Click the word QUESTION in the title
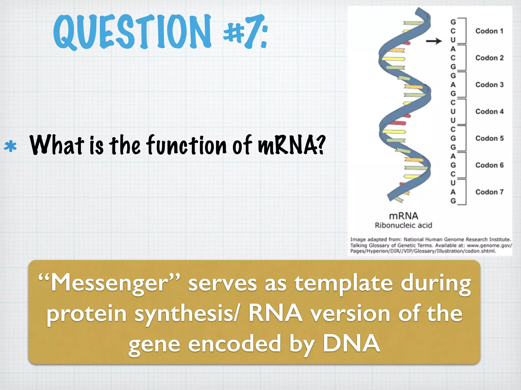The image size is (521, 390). pos(132,32)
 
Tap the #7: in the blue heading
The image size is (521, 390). pos(245,32)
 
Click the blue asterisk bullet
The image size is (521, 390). pos(10,146)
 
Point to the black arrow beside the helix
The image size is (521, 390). pos(434,41)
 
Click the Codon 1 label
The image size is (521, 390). pos(489,31)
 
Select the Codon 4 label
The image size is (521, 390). pos(489,111)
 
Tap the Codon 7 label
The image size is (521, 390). pos(489,192)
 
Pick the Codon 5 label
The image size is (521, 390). pos(489,138)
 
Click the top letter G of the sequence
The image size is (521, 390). pos(453,22)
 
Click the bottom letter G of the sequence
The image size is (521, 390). pos(453,201)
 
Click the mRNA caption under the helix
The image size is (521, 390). pos(403,216)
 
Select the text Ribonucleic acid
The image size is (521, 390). pos(403,225)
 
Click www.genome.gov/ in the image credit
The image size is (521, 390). pos(489,246)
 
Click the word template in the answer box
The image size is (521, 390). pos(344,284)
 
